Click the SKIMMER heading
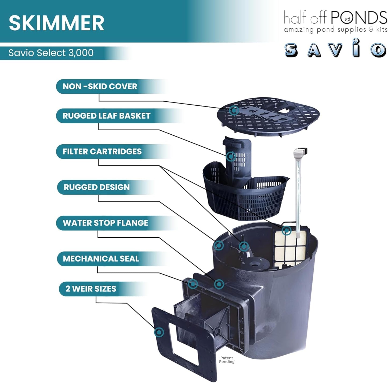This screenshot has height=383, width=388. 56,23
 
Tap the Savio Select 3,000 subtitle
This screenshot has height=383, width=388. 51,53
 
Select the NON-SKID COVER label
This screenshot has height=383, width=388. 100,86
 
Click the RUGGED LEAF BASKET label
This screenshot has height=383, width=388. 106,116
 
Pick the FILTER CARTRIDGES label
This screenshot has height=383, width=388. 102,152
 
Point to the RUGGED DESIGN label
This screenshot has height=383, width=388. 96,187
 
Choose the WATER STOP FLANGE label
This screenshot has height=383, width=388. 105,223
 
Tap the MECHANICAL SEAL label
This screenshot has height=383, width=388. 101,259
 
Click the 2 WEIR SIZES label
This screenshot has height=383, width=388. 91,289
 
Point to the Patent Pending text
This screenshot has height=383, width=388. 227,360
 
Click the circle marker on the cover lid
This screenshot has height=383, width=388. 234,110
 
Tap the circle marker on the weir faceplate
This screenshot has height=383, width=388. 159,332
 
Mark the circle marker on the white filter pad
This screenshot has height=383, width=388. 287,230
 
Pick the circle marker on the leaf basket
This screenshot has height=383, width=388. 231,156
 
